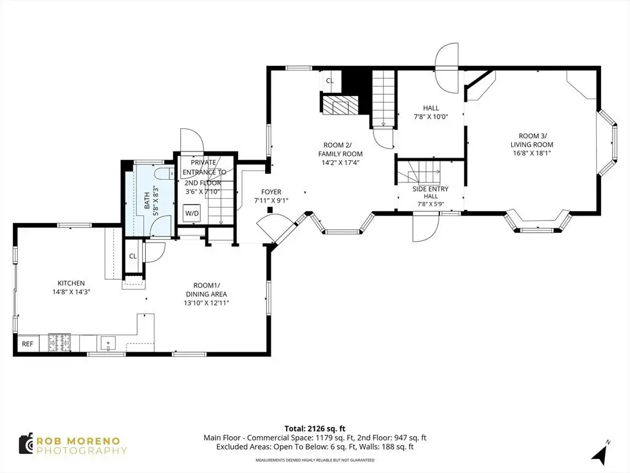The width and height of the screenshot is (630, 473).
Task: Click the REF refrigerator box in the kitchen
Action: click(x=28, y=344)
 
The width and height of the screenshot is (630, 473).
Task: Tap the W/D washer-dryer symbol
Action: click(x=192, y=213)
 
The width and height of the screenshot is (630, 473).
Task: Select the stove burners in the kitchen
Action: click(x=60, y=344)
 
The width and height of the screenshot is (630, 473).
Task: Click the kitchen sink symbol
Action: click(x=108, y=344)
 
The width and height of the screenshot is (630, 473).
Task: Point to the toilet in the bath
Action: click(x=164, y=174)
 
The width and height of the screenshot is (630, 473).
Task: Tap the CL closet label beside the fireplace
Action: click(x=330, y=81)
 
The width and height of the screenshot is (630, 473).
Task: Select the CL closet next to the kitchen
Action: click(x=133, y=256)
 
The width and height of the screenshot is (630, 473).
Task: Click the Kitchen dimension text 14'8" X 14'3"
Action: click(x=71, y=291)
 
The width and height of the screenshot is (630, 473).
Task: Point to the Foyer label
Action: click(x=271, y=192)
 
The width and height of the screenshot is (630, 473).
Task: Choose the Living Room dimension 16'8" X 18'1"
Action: click(x=532, y=153)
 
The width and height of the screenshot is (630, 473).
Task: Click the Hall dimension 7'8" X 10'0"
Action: click(x=431, y=117)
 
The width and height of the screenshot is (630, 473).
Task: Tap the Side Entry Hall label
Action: click(x=431, y=192)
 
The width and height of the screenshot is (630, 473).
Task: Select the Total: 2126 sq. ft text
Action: click(x=314, y=429)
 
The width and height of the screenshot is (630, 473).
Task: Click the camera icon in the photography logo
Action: click(x=26, y=443)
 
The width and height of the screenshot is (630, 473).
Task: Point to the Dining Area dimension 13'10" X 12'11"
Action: click(x=206, y=303)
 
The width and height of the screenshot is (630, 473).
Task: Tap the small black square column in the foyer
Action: click(x=271, y=209)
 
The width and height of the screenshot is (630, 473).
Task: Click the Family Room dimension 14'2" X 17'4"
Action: click(x=340, y=163)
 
